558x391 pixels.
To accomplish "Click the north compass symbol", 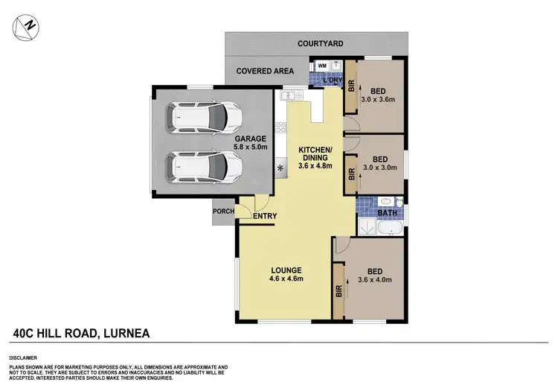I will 27,27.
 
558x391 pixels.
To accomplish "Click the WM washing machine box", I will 322,66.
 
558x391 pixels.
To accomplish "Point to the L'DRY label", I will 332,80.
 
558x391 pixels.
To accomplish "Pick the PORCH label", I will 224,212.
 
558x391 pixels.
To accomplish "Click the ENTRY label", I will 265,217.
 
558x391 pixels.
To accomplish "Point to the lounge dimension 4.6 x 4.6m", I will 286,279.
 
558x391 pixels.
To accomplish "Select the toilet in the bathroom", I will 399,201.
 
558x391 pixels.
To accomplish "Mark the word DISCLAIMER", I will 26,357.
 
